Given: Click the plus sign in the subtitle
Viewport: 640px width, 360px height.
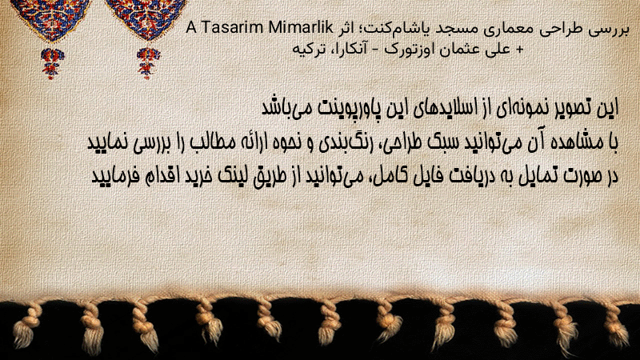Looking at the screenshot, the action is pyautogui.click(x=519, y=50).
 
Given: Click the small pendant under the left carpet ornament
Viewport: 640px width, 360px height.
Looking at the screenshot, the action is pyautogui.click(x=52, y=63).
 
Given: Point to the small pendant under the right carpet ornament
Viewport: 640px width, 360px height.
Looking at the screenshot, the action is pyautogui.click(x=148, y=63).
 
